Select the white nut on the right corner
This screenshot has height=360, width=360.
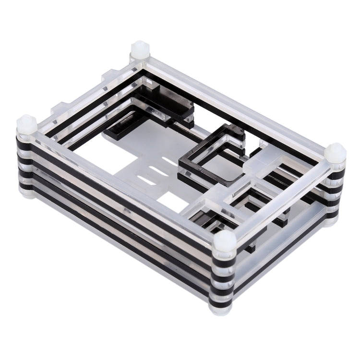pos(335,153)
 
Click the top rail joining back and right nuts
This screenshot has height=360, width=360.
pos(240,101)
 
